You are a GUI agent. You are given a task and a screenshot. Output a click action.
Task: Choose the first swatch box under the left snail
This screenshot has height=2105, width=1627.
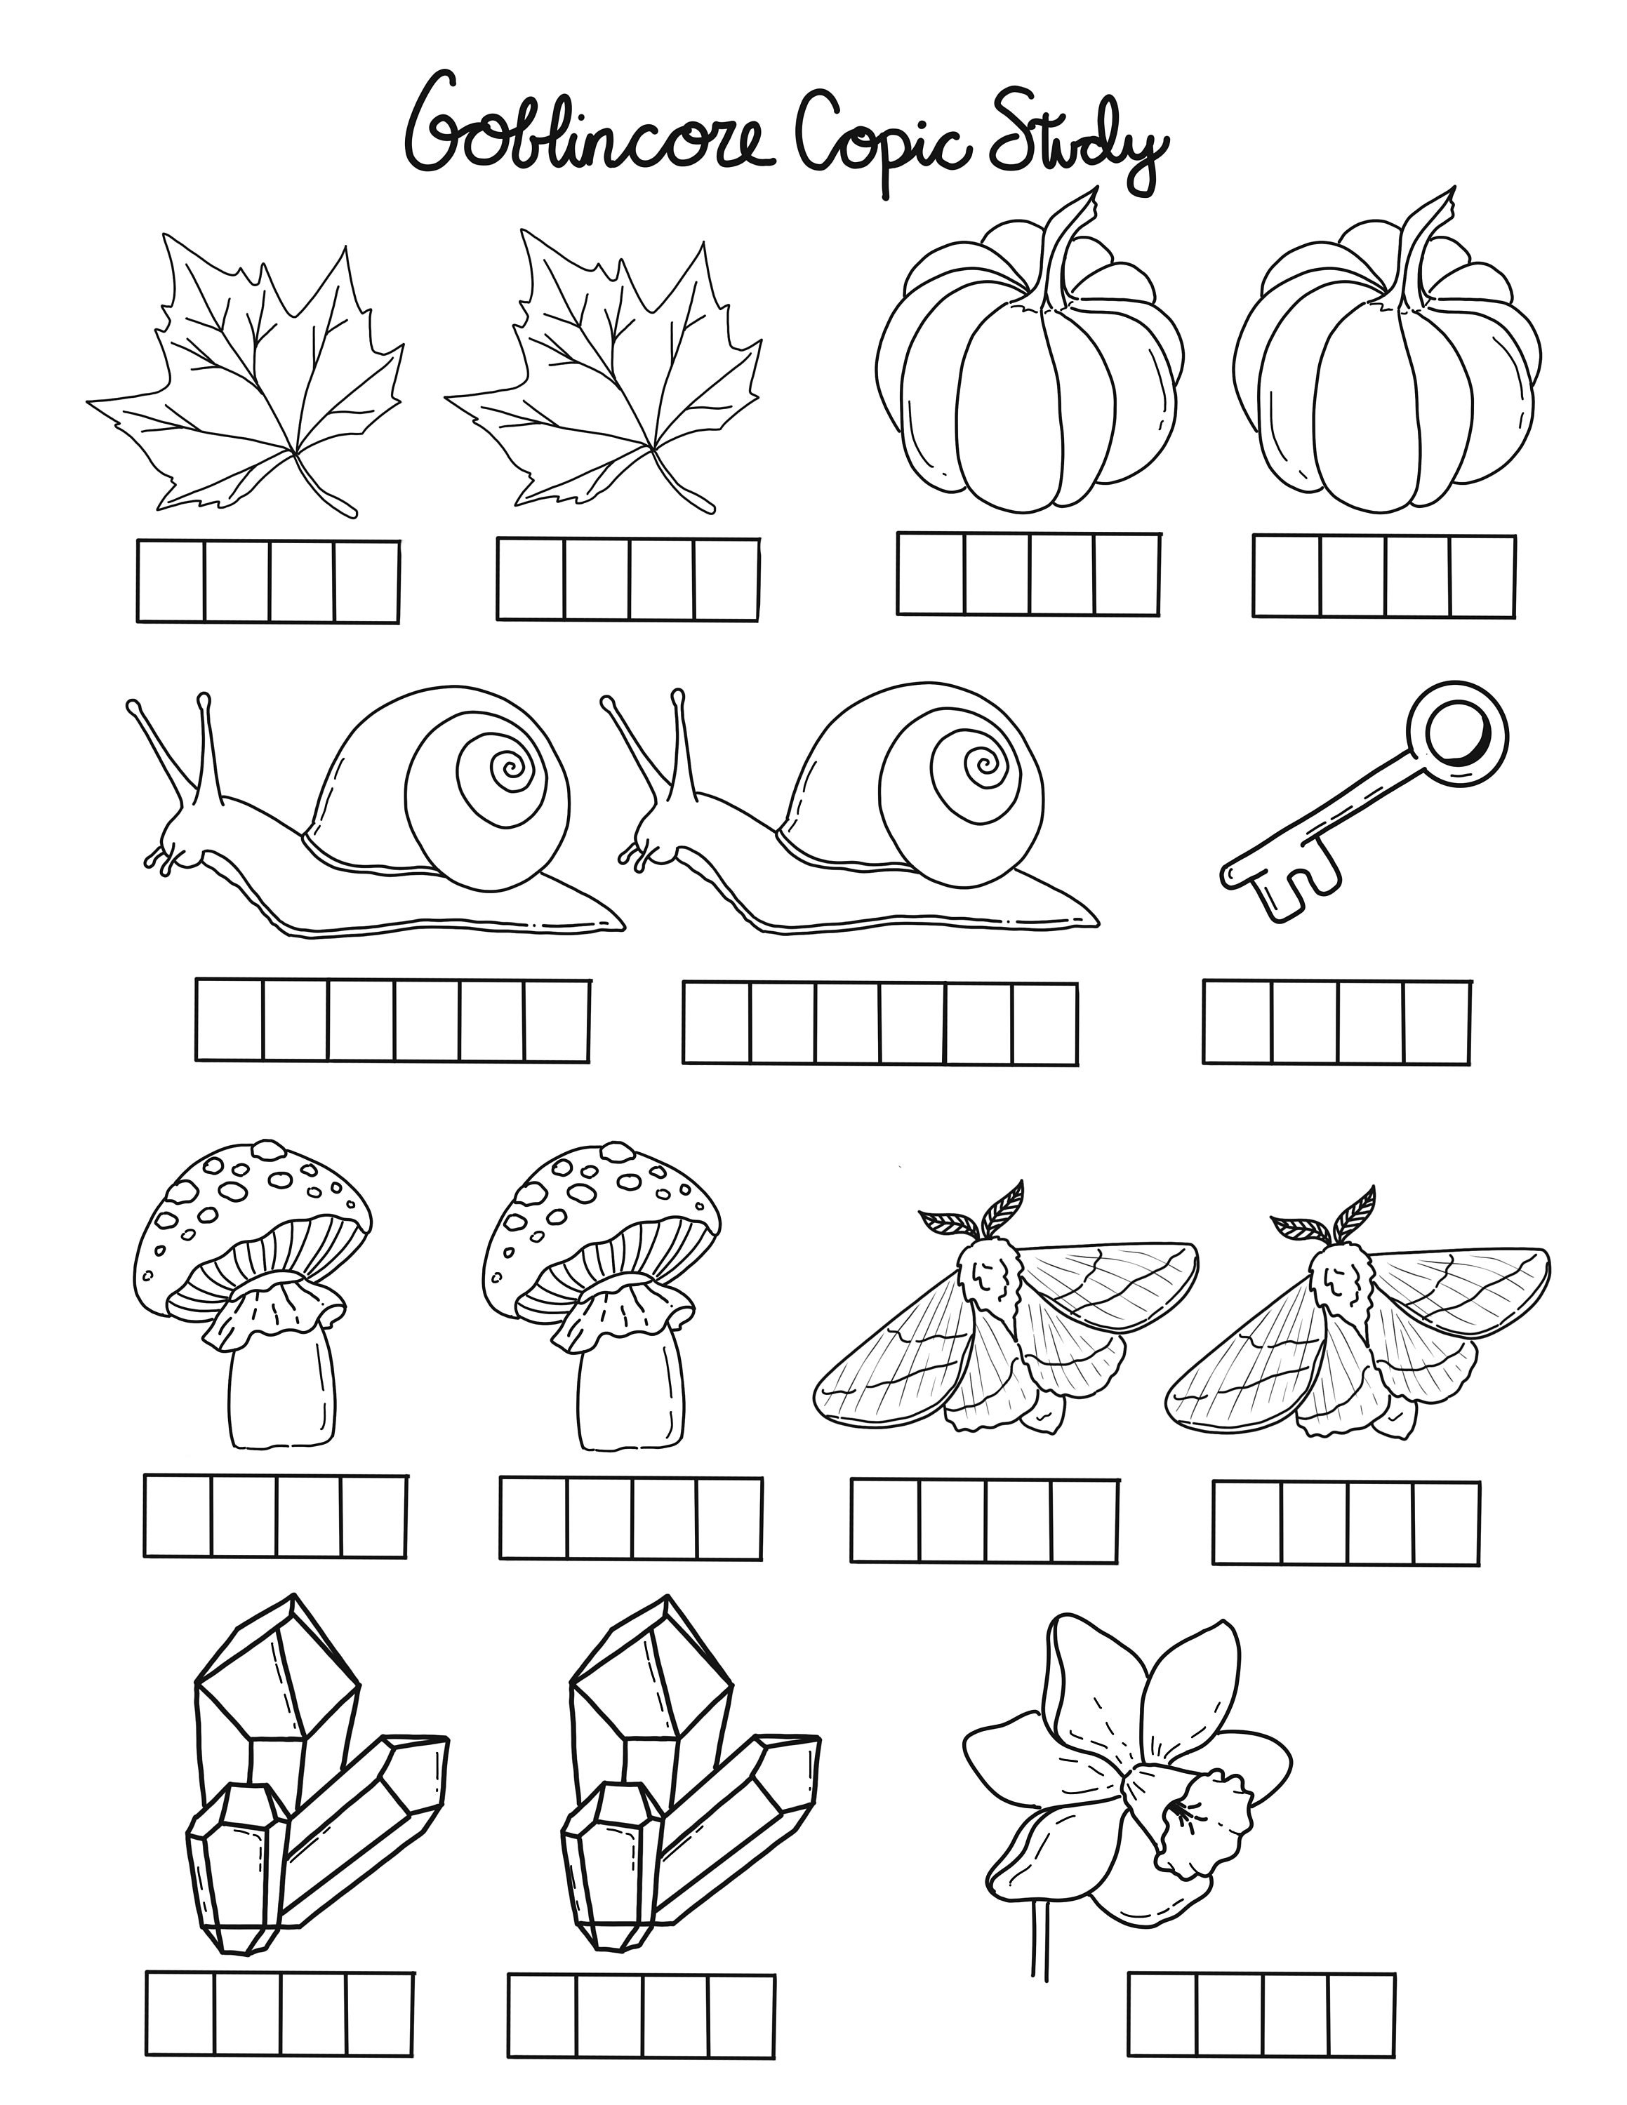(230, 1020)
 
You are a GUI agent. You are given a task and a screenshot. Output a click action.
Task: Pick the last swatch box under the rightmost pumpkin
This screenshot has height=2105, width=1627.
(1482, 576)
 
